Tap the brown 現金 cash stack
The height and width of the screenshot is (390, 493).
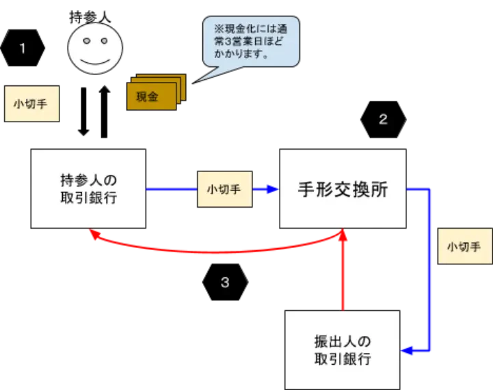point(152,95)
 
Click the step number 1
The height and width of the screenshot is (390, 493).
point(23,48)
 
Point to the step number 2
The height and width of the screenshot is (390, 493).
point(383,120)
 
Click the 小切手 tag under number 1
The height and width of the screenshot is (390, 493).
point(31,105)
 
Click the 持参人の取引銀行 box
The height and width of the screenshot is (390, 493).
point(88,189)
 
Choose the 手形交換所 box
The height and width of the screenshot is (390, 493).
point(343,189)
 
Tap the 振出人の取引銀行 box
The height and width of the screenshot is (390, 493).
point(342,350)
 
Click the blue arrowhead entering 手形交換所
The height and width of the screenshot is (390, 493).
point(275,189)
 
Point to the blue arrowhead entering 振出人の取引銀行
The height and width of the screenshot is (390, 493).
point(405,351)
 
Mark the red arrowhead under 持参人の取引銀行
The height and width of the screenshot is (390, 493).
point(94,236)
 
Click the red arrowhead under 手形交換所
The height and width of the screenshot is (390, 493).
point(345,235)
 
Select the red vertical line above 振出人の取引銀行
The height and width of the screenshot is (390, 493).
point(345,280)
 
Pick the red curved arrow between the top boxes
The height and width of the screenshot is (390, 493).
point(219,251)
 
